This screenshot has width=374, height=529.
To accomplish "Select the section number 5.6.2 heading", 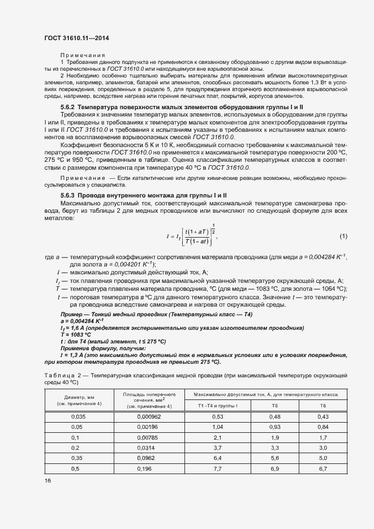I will pos(67,107).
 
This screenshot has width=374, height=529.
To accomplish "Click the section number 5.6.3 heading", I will pos(67,196).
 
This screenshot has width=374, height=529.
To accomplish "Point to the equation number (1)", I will pos(343,236).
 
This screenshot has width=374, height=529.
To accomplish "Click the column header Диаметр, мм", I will pos(79,397).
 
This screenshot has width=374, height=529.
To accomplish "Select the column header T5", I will pos(274,406).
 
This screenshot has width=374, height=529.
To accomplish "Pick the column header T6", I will pos(323,406).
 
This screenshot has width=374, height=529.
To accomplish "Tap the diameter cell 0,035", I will pos(79,417).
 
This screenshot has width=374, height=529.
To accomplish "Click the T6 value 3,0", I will pos(323,448).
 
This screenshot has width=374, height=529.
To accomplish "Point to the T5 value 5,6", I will pos(274,458).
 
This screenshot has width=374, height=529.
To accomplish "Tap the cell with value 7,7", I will pos(217,468).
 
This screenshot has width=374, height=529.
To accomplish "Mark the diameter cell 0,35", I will pos(79,458).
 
